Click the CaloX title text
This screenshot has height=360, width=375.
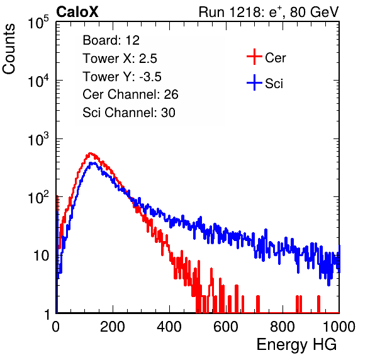(77, 12)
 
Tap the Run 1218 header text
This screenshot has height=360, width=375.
(269, 12)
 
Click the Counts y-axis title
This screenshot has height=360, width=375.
(9, 49)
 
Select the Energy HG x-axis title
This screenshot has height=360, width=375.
(296, 345)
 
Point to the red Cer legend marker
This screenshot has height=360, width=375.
(254, 57)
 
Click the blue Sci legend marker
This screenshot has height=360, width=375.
(254, 82)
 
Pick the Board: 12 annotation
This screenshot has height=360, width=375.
(111, 40)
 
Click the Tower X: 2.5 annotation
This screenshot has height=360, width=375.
(120, 59)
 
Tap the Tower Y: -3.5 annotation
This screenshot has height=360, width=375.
(122, 77)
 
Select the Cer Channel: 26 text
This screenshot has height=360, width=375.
(130, 94)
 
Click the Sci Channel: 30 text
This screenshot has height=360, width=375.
(129, 113)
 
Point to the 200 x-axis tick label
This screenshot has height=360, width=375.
(113, 327)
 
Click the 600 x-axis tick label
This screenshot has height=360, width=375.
(226, 327)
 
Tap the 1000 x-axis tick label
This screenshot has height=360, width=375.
(339, 327)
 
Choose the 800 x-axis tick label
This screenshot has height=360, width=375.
(283, 327)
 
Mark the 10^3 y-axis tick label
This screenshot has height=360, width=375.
(38, 139)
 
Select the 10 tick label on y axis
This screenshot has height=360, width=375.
(41, 256)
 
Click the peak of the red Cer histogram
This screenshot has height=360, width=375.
(90, 153)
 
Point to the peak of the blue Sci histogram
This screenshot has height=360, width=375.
(93, 163)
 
